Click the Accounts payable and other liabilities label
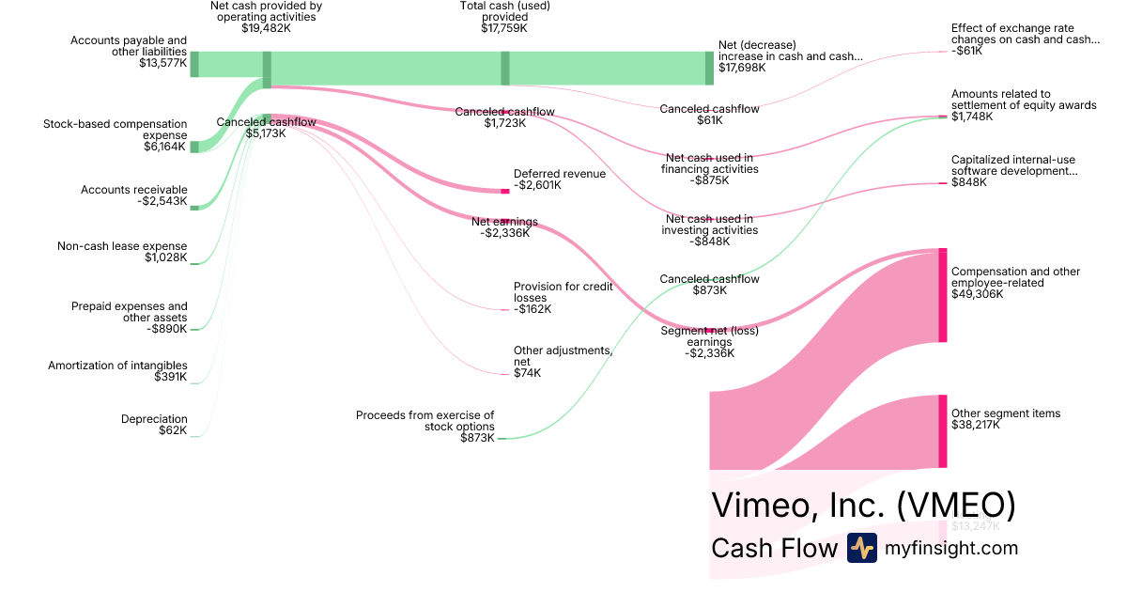tap(129, 46)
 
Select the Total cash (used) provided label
tap(504, 11)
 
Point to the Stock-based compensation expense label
tap(115, 130)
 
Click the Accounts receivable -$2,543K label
tap(133, 195)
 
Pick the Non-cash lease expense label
tap(122, 252)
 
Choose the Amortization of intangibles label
tap(117, 366)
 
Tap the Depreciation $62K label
tap(154, 425)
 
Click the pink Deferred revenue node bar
tap(505, 191)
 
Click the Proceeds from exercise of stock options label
tap(425, 420)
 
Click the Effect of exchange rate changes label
tap(1025, 35)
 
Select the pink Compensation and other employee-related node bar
tap(942, 296)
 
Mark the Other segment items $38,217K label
tap(1005, 419)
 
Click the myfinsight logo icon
tap(861, 548)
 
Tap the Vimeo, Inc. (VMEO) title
tap(863, 505)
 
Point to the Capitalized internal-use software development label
tap(1014, 165)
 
